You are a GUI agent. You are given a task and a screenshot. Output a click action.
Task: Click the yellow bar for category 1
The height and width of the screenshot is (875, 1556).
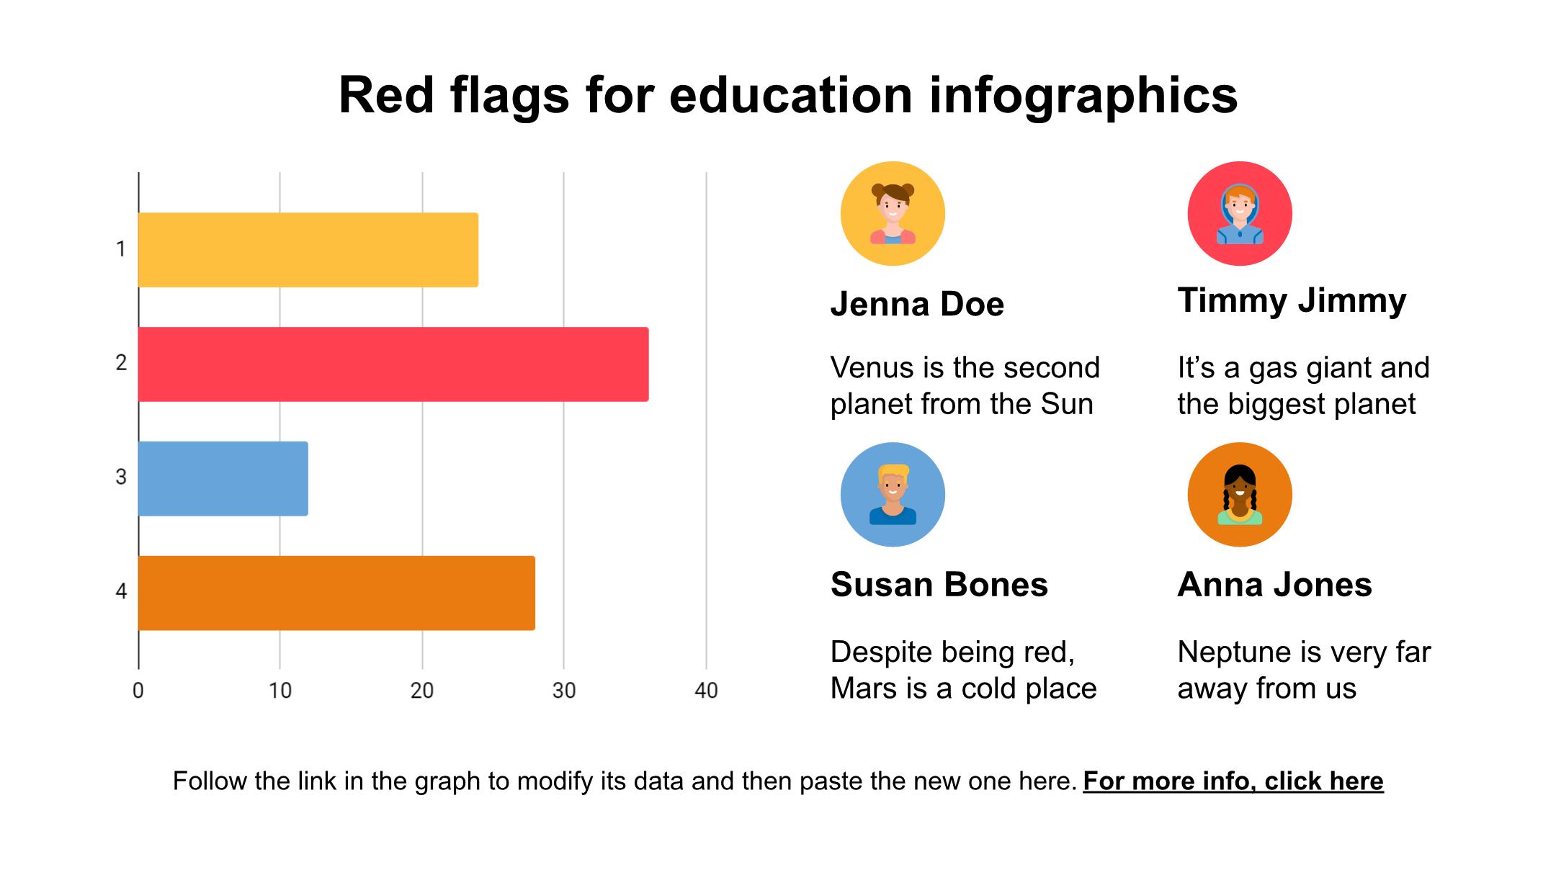[x=308, y=250]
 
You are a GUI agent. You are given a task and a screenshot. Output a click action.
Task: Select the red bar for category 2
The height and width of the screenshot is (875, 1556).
[x=393, y=364]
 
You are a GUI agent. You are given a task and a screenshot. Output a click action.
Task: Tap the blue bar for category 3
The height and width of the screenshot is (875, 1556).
[x=223, y=478]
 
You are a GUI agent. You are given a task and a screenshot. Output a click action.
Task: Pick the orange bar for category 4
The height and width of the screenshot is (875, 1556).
[x=336, y=593]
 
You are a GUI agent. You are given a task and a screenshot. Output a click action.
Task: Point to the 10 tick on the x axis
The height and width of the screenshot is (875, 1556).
[x=280, y=691]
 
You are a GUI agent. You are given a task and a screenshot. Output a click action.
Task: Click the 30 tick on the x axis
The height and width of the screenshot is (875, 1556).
[x=564, y=691]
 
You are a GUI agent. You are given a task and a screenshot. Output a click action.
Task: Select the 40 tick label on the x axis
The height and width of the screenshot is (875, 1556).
[x=706, y=691]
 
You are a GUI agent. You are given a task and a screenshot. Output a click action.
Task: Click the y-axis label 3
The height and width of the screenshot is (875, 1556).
[x=121, y=477]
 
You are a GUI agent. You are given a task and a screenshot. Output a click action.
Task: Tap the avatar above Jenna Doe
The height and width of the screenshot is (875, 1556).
[x=893, y=214]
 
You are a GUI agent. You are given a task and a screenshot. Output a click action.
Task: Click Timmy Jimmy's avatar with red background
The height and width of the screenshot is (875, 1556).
[x=1240, y=214]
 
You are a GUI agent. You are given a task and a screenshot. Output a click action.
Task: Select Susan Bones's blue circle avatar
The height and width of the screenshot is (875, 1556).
[x=893, y=495]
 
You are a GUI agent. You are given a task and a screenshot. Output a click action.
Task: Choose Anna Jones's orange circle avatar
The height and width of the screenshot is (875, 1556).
[x=1240, y=495]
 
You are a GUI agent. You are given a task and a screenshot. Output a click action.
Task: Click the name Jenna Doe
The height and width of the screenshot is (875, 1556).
[x=917, y=304]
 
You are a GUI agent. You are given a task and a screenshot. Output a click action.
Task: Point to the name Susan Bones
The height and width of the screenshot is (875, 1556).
[x=939, y=585]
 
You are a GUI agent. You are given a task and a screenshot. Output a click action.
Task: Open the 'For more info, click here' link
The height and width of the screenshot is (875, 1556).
[x=1233, y=781]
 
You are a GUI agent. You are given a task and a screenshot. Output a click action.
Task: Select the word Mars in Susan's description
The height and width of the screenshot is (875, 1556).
[x=862, y=688]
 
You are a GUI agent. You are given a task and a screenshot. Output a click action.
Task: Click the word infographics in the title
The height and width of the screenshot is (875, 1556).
[x=1083, y=97]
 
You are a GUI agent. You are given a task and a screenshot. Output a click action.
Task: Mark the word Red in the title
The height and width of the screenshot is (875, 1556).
[x=387, y=95]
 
